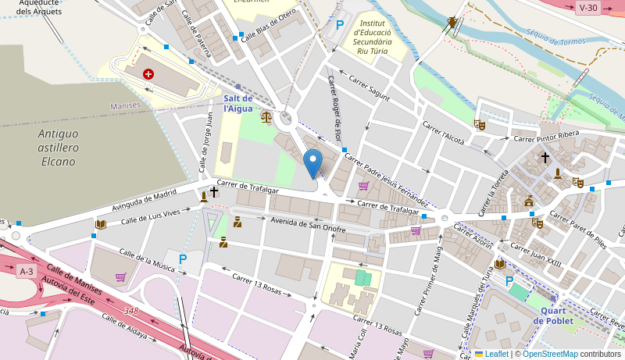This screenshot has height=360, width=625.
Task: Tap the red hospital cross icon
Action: [x=148, y=74]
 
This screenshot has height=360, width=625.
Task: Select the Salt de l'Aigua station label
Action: [x=238, y=103]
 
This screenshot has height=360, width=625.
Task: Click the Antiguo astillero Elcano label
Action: [x=58, y=148]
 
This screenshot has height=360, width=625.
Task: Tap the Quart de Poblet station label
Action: [x=553, y=315]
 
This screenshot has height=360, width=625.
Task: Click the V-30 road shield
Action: [x=587, y=8]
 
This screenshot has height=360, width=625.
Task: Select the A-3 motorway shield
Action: [x=26, y=271]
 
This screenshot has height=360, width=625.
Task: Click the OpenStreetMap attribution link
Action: [x=550, y=354]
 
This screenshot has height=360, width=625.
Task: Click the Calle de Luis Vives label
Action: [x=155, y=216]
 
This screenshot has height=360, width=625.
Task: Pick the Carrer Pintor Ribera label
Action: [x=546, y=135]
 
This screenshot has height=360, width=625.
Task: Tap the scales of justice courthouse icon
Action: [x=266, y=117]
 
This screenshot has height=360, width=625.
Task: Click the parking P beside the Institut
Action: [x=340, y=25]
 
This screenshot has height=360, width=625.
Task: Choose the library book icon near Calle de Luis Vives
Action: [x=100, y=224]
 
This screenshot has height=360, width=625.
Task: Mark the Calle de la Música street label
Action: [x=147, y=261]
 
